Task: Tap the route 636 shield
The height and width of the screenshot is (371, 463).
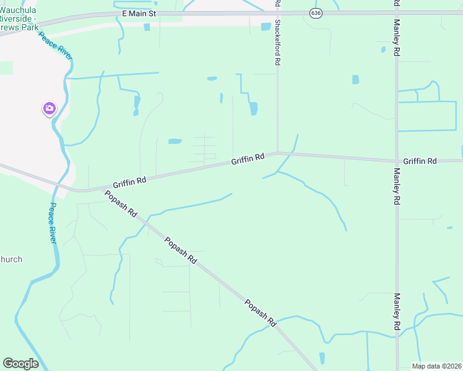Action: pyautogui.click(x=316, y=12)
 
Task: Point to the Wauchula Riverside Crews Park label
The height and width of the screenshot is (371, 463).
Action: pyautogui.click(x=19, y=19)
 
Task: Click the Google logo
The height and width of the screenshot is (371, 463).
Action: pyautogui.click(x=20, y=363)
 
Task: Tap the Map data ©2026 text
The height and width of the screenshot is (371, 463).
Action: pyautogui.click(x=436, y=366)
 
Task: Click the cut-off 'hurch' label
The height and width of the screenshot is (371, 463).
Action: pyautogui.click(x=11, y=259)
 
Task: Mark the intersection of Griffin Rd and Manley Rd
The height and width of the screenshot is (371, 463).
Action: pyautogui.click(x=396, y=161)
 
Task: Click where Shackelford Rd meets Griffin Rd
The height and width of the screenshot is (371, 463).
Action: pyautogui.click(x=277, y=153)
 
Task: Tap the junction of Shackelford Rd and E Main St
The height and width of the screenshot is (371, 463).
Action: pyautogui.click(x=277, y=12)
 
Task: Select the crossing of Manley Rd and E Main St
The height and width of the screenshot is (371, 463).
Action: pyautogui.click(x=396, y=12)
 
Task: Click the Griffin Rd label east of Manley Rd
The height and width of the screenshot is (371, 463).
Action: pyautogui.click(x=420, y=161)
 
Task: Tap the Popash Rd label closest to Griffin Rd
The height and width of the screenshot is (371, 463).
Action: pyautogui.click(x=121, y=204)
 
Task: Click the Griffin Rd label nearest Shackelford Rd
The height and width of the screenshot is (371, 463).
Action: pyautogui.click(x=248, y=160)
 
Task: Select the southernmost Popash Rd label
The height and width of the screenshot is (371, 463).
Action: pyautogui.click(x=260, y=313)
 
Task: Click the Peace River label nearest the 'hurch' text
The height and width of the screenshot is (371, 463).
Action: pyautogui.click(x=53, y=223)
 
